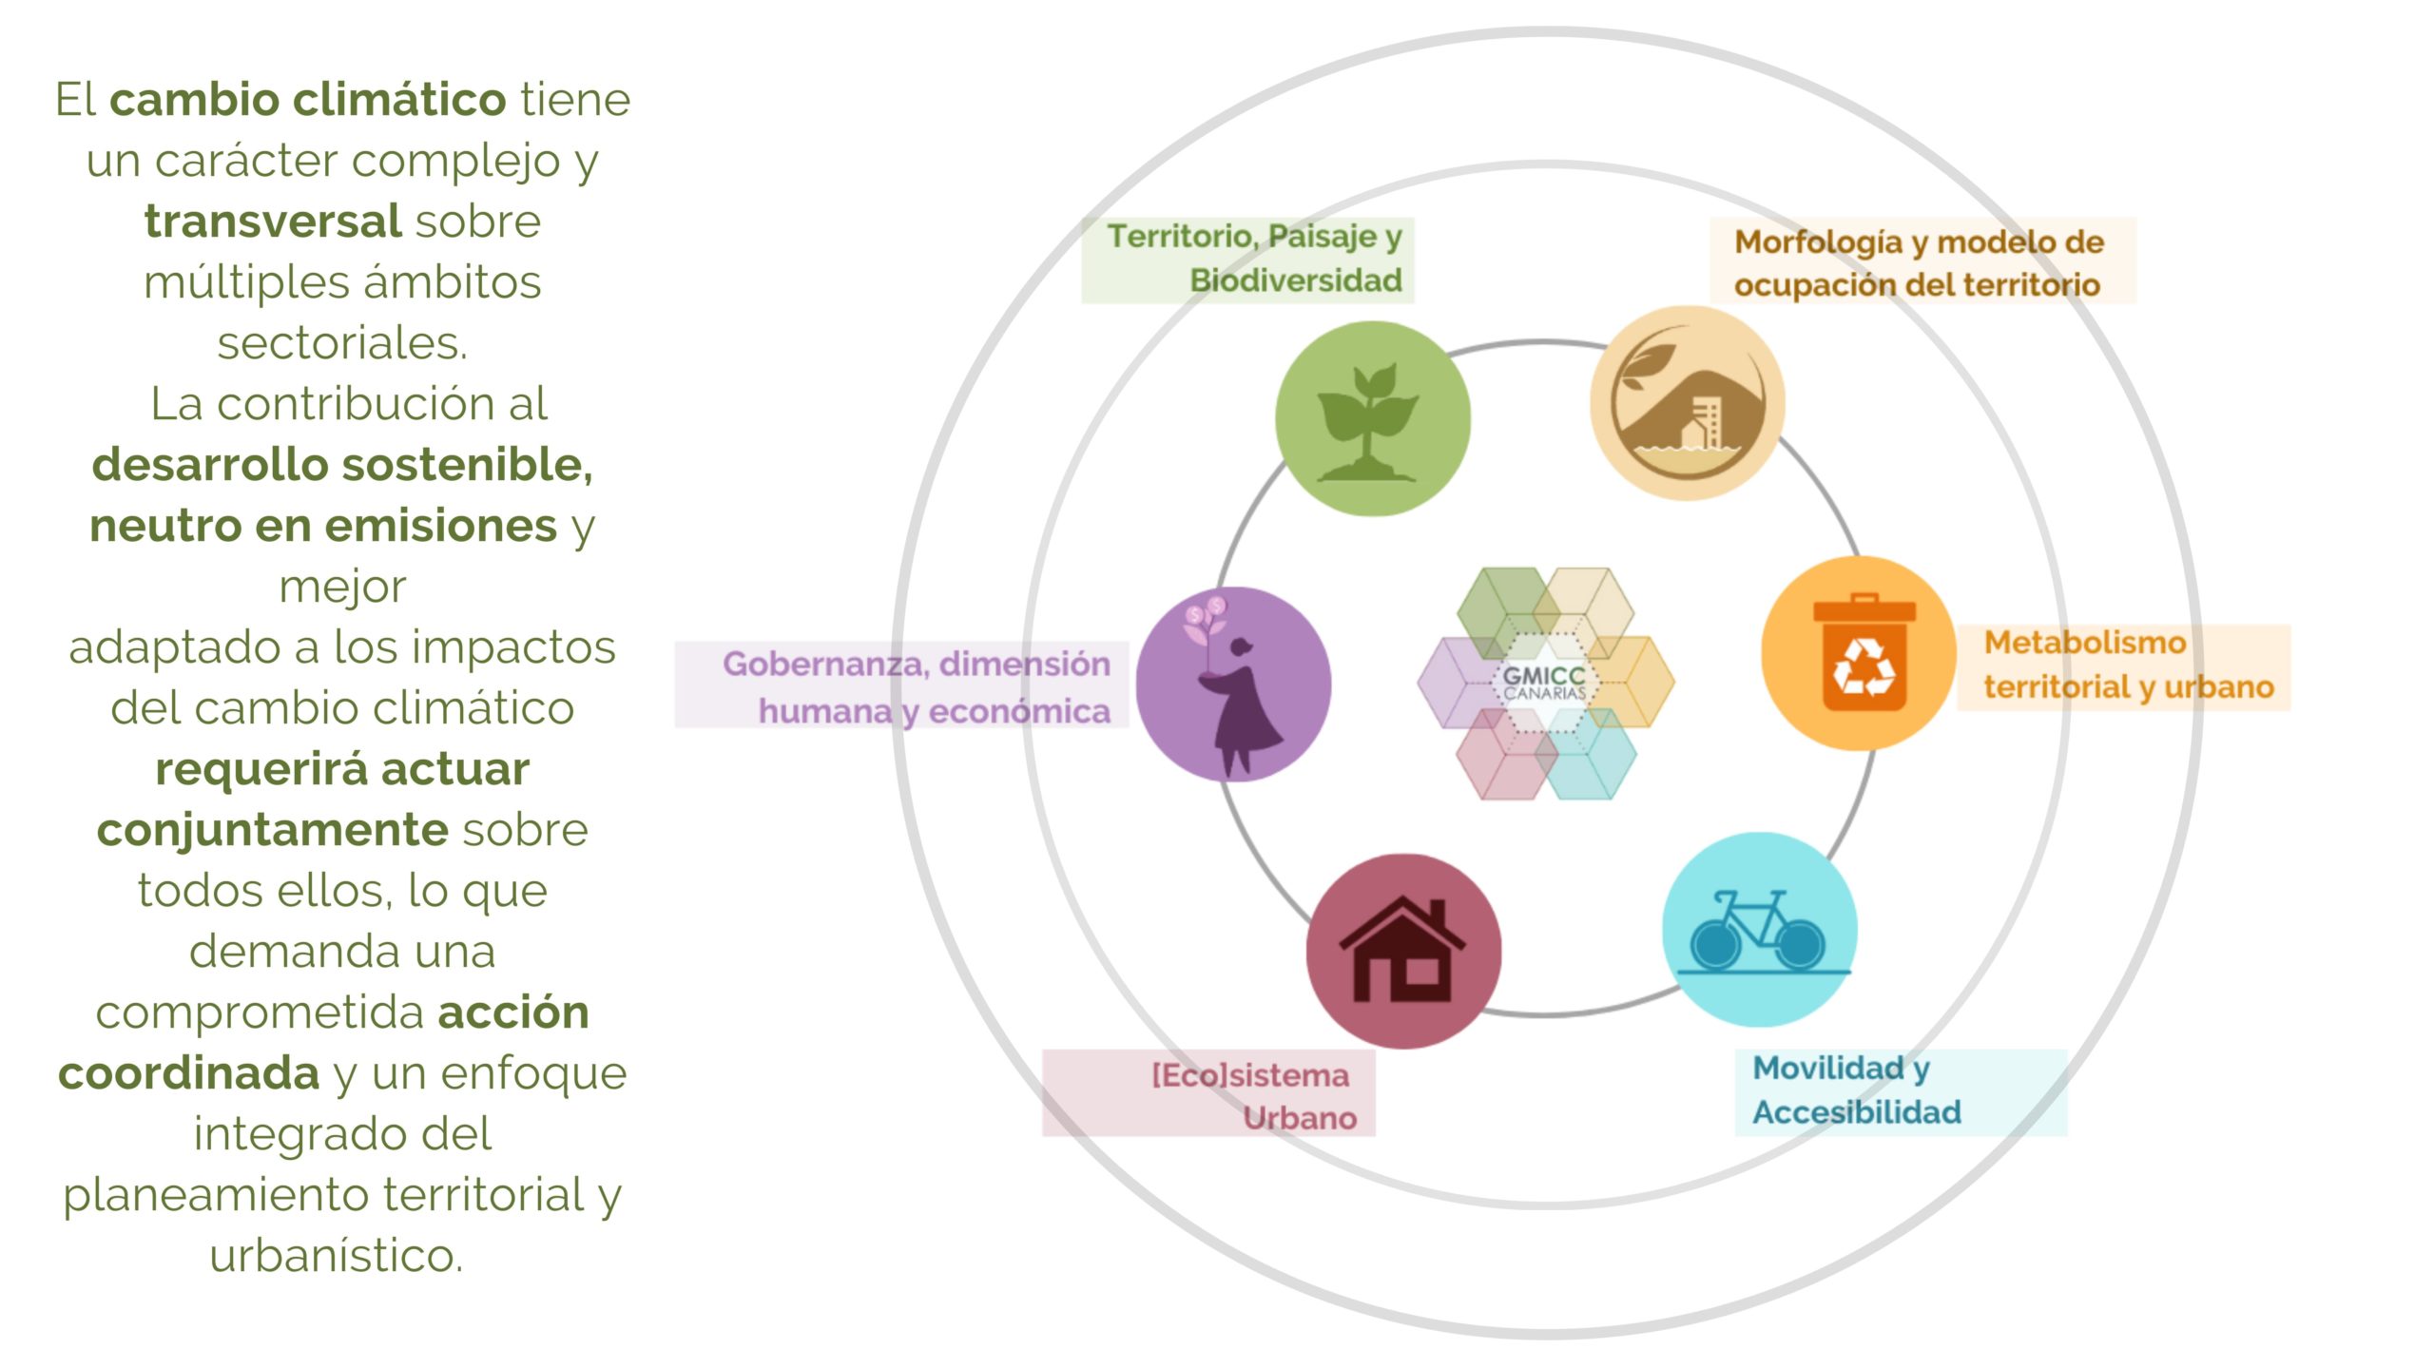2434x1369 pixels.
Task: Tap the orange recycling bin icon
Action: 1864,654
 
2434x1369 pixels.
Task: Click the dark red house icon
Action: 1402,951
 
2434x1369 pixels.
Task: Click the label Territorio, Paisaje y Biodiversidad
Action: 1253,259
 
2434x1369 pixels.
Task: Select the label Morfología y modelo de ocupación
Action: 1919,262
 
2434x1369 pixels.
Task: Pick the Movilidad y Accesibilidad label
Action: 1856,1090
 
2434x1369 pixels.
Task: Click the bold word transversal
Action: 273,222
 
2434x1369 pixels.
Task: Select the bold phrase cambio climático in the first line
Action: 308,100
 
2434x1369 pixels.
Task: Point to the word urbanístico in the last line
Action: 337,1256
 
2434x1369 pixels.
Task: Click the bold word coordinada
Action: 188,1073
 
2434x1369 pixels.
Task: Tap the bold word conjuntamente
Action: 272,830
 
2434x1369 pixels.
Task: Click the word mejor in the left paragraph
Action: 342,587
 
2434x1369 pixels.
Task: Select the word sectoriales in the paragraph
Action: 342,343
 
